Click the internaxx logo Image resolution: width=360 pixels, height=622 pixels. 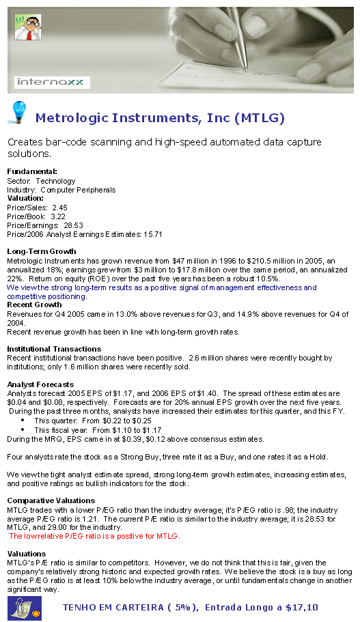(53, 83)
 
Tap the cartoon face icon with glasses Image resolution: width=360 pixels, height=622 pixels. (25, 27)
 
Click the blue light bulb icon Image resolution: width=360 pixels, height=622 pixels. (17, 111)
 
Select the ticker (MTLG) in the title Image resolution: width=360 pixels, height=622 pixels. (259, 118)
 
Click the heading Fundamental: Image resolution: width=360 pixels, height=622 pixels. (31, 171)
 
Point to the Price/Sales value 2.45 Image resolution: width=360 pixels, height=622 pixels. (59, 207)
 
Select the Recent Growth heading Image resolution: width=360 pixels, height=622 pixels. (34, 305)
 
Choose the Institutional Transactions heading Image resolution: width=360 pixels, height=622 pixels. (53, 349)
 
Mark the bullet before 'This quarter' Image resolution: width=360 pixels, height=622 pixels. (23, 421)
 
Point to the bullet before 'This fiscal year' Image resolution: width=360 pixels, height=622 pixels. (23, 430)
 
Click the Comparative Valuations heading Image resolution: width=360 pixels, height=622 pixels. (51, 500)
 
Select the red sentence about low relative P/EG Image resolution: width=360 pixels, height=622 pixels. (94, 536)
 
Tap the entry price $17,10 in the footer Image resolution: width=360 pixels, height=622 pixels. (301, 607)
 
